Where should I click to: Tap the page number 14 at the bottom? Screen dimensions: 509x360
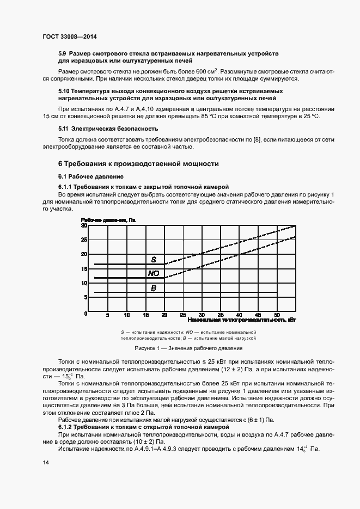click(46, 462)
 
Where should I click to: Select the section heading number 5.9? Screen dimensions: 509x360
click(63, 54)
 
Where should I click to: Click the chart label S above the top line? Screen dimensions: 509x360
click(154, 259)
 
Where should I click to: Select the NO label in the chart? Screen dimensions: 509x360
click(154, 273)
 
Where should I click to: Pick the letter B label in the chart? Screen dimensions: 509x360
click(154, 288)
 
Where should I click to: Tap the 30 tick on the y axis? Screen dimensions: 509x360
click(84, 225)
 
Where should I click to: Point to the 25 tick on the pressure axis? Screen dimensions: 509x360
click(84, 240)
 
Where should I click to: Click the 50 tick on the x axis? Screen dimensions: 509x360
click(277, 315)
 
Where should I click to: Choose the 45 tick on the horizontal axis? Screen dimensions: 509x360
click(258, 315)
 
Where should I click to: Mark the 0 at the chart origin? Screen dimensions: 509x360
click(86, 314)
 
